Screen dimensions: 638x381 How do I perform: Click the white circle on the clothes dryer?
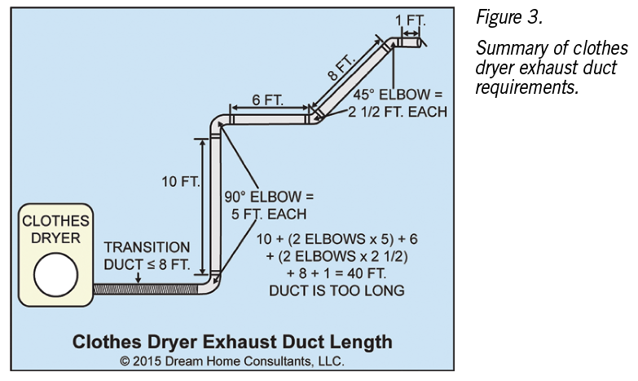[x=55, y=275]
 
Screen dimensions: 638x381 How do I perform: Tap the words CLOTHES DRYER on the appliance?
[x=55, y=229]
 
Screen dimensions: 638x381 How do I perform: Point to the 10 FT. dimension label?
[x=181, y=181]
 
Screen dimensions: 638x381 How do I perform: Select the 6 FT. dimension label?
[x=267, y=100]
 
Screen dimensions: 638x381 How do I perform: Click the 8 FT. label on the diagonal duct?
[x=341, y=68]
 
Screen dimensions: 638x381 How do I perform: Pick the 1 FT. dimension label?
[x=410, y=20]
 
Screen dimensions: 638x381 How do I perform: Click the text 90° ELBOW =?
[x=269, y=197]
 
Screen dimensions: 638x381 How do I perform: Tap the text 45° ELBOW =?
[x=398, y=95]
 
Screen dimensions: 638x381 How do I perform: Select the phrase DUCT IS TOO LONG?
[x=337, y=290]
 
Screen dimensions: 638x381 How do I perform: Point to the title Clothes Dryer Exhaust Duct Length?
[x=232, y=342]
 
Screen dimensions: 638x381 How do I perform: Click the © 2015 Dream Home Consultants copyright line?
[x=232, y=361]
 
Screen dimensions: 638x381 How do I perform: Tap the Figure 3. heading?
[x=509, y=17]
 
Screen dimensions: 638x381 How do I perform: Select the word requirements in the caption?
[x=527, y=87]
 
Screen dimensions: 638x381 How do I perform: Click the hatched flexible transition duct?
[x=146, y=289]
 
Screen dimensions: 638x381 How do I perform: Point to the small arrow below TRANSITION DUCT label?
[x=139, y=277]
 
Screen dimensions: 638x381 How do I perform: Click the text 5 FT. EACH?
[x=269, y=215]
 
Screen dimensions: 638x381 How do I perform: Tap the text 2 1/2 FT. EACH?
[x=398, y=112]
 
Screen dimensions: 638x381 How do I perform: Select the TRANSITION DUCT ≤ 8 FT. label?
[x=147, y=256]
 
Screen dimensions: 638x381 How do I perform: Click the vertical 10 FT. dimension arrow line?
[x=203, y=206]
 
